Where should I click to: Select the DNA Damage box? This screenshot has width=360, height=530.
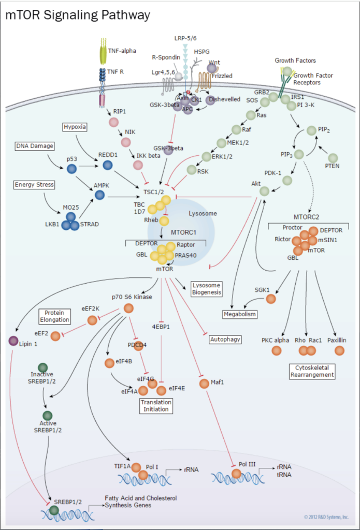click(x=34, y=146)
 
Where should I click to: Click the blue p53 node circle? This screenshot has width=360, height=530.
click(x=72, y=169)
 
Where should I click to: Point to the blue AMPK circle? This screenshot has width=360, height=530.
click(x=99, y=195)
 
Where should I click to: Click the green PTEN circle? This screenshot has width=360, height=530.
click(x=333, y=157)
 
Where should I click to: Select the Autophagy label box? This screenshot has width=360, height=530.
click(x=225, y=340)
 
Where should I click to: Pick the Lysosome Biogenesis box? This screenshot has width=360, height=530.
click(x=206, y=289)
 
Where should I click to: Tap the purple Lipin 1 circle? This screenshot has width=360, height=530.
click(x=13, y=341)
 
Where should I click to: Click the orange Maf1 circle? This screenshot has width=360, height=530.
click(x=201, y=383)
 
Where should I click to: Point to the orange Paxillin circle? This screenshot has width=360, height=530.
click(x=339, y=350)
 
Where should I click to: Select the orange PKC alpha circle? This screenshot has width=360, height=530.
click(x=276, y=350)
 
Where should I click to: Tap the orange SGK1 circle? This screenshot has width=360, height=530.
click(x=271, y=299)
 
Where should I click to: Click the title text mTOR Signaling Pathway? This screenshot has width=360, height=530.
click(x=78, y=15)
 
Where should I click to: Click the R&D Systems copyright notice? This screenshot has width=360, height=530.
click(x=326, y=517)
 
